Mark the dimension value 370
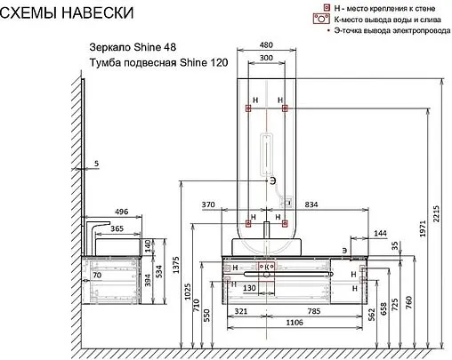coord(210,204)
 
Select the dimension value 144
coord(381,232)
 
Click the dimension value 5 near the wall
coord(96,163)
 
